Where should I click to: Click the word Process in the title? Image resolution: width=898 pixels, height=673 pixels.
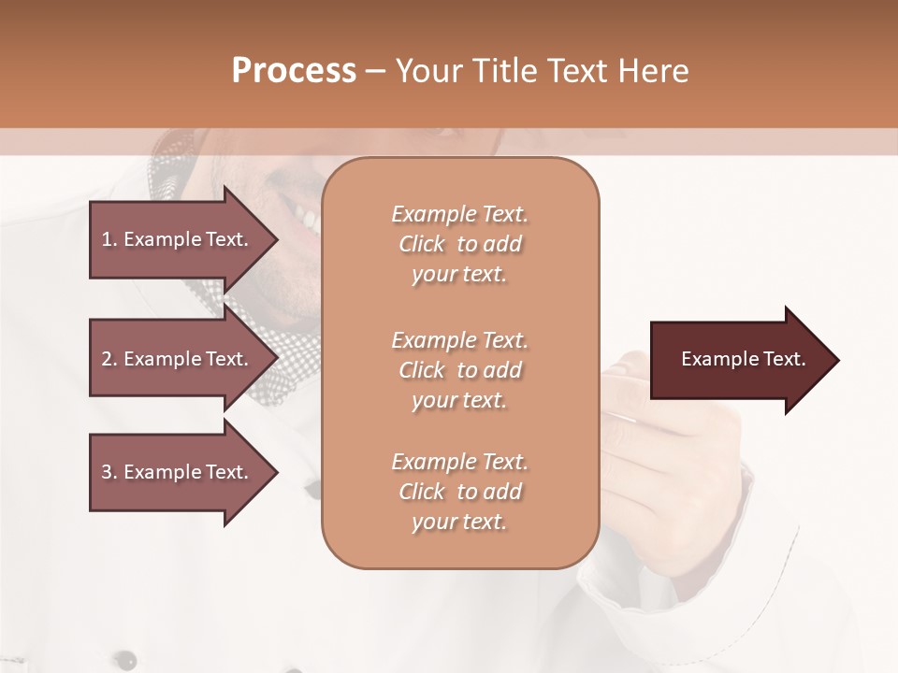point(294,71)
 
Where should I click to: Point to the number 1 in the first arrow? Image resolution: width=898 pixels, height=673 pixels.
point(106,239)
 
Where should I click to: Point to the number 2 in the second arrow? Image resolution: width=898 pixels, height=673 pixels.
point(106,359)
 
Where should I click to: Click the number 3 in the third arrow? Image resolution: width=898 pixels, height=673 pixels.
point(106,472)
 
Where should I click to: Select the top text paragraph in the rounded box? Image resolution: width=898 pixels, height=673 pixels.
point(459,244)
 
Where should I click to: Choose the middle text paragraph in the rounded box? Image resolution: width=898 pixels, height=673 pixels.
point(459,370)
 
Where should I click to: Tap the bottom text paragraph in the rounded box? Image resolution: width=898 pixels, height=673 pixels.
point(459,492)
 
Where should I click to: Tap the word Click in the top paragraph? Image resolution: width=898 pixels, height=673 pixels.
point(422,244)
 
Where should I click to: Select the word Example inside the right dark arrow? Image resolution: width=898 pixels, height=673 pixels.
point(716,359)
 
